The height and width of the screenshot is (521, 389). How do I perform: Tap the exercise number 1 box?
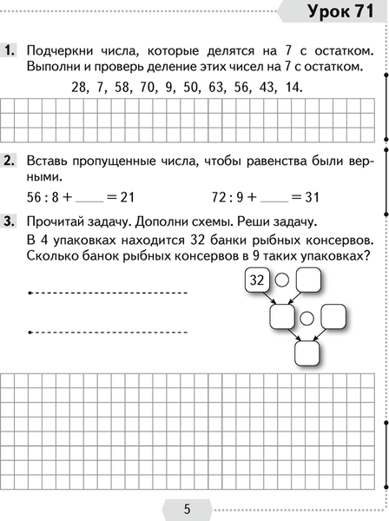(x=11, y=51)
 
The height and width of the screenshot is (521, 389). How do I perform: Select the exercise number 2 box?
(x=11, y=162)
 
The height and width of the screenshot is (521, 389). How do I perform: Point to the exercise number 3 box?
(x=11, y=221)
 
